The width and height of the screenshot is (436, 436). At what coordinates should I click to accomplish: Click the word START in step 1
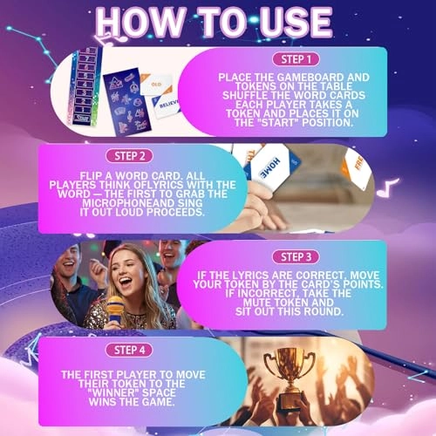pyautogui.click(x=270, y=122)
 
